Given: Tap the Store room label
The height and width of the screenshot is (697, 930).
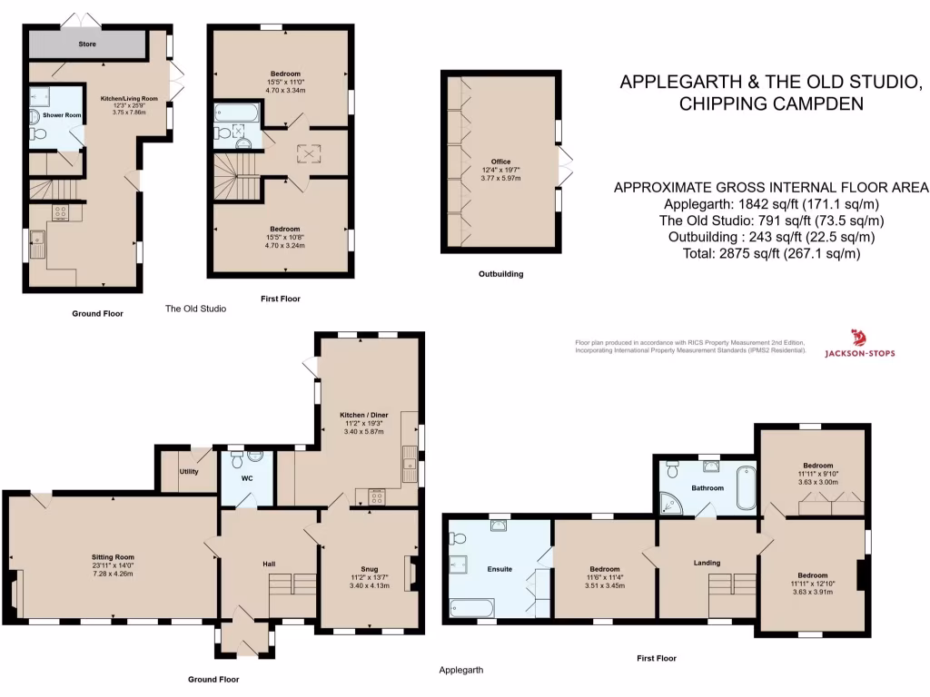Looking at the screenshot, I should pos(87,44).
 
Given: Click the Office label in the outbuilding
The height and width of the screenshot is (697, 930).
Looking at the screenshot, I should pos(501,162).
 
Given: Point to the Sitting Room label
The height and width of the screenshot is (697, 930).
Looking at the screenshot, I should pos(113,556).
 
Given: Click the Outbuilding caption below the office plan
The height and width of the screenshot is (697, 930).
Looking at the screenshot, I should pos(500,273).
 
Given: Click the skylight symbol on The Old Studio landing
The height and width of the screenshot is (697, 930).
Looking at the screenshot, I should pos(310,153).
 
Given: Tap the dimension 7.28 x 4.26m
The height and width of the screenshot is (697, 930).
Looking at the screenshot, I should pos(113,574).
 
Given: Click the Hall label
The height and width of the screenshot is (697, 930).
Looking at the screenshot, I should pos(270,564).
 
